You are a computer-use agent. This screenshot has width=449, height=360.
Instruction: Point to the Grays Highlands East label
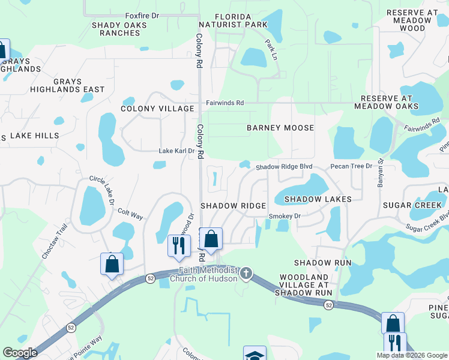click(x=79, y=85)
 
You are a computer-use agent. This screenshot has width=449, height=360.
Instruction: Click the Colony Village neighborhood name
click(x=157, y=109)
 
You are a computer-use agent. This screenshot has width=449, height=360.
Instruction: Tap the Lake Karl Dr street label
click(x=176, y=151)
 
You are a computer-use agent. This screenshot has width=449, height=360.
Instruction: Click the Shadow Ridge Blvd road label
click(x=285, y=167)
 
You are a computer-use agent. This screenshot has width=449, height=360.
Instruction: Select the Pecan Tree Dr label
click(x=351, y=166)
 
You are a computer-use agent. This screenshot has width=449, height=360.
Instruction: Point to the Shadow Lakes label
click(x=309, y=199)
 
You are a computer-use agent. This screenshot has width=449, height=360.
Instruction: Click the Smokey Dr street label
click(x=284, y=216)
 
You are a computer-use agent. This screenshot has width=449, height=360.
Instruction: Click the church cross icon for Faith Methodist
click(x=246, y=274)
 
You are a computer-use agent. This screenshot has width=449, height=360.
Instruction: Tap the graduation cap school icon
click(x=255, y=354)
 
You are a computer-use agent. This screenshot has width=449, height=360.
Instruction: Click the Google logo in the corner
click(x=20, y=353)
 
